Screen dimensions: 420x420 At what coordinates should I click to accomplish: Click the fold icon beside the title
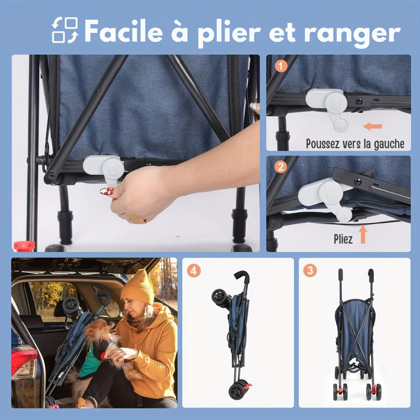coord(65,30)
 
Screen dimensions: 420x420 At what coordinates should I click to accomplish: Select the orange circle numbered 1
coord(281,66)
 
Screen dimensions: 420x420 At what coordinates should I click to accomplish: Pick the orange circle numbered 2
coord(281,167)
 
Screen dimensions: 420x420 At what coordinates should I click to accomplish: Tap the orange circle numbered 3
coord(310,270)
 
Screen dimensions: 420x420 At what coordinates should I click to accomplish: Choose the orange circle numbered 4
coord(193,270)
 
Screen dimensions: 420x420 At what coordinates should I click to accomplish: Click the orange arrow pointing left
coord(373,126)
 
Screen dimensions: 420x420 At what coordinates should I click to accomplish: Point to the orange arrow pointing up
coord(363,234)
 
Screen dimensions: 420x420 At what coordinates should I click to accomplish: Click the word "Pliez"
coord(343,239)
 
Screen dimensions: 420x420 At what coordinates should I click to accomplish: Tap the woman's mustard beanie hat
coord(138,286)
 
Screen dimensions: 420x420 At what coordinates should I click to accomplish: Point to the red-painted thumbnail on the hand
coord(107,191)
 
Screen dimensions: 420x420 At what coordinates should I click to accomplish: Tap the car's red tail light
coord(24,362)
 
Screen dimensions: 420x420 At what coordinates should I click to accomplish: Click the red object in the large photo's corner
coord(24,246)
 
